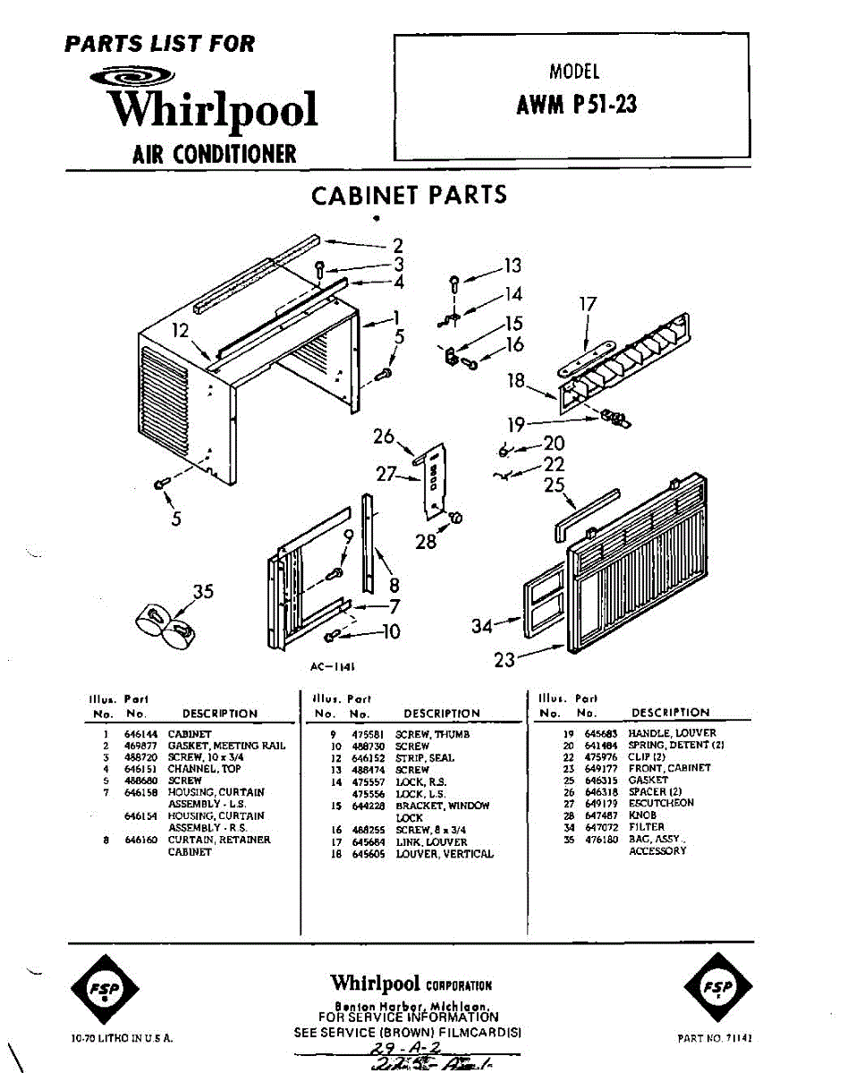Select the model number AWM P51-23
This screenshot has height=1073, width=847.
coord(576,106)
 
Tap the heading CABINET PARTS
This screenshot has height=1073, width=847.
coord(409,196)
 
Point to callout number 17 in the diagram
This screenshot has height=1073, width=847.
coord(587,304)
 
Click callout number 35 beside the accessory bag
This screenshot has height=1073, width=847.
coord(203,591)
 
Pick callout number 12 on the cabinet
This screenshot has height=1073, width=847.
coord(181,331)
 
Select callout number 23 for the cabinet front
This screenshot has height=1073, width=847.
coord(504,660)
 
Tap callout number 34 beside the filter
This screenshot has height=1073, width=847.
coord(481,627)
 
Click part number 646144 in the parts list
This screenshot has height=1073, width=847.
coord(139,734)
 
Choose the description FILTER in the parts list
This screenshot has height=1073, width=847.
coord(647,827)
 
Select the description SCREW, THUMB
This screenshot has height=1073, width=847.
coord(432,734)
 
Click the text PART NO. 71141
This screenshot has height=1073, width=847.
coord(715,1039)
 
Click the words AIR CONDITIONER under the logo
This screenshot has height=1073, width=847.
coord(214,154)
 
